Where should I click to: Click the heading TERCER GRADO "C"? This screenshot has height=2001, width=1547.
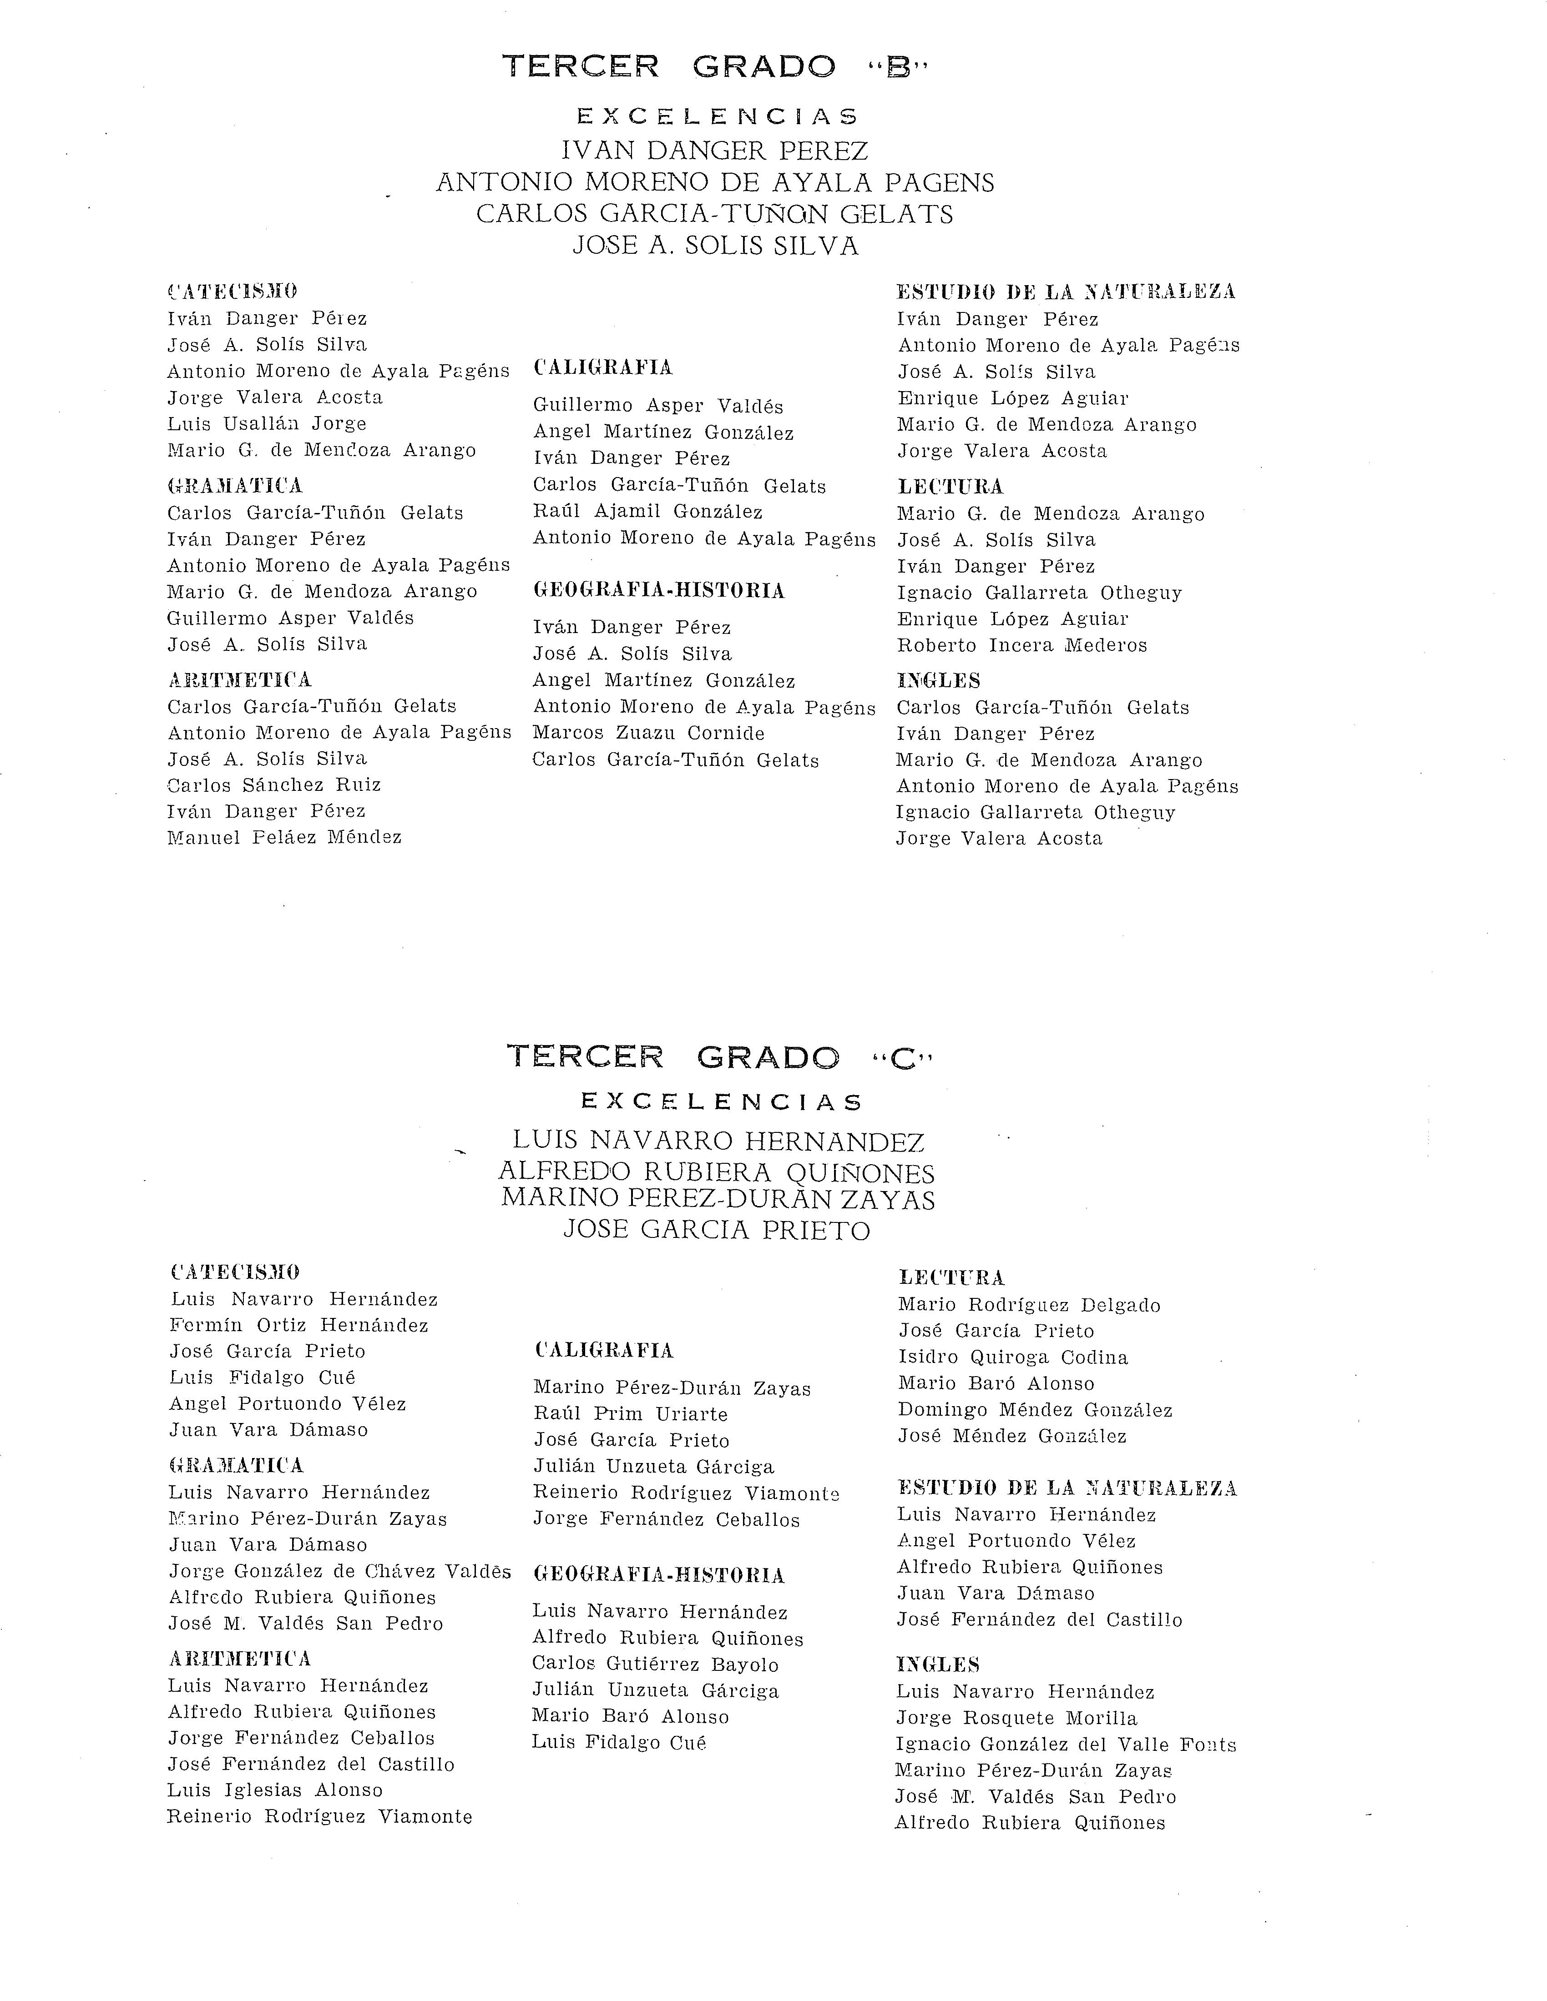(x=719, y=1056)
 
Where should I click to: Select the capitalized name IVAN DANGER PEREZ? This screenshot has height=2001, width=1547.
(x=715, y=150)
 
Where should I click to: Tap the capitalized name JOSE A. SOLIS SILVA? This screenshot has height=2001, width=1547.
(x=715, y=246)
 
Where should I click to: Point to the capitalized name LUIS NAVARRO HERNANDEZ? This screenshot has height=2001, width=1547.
(x=718, y=1141)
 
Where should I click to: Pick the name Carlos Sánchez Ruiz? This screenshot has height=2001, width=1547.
(x=274, y=785)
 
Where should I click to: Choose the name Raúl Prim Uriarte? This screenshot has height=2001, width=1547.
(x=631, y=1414)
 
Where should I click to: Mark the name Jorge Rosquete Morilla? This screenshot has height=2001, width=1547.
(x=1016, y=1719)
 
